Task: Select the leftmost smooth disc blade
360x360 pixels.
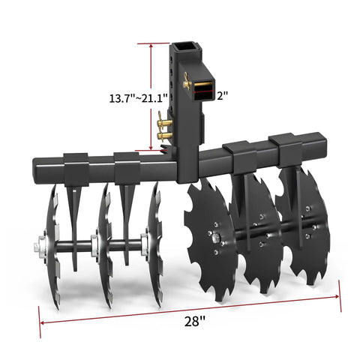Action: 50,245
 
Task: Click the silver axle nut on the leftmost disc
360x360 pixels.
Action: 37,245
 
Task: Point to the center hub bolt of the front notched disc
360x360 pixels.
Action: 215,238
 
